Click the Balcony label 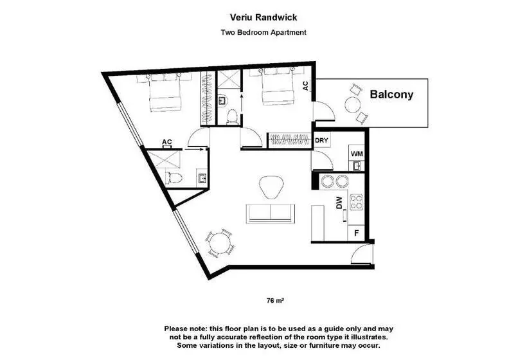(391, 94)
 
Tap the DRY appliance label (321, 140)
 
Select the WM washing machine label (357, 154)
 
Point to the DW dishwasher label (339, 203)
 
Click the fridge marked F (357, 233)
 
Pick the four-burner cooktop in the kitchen (356, 202)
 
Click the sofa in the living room (271, 213)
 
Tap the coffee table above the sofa (271, 187)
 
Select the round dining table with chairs (220, 242)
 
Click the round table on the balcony (353, 105)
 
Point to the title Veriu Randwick (263, 17)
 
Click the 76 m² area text (275, 301)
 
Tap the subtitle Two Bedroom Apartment (263, 33)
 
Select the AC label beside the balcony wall (305, 85)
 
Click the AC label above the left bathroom (167, 142)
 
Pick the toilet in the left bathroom (174, 178)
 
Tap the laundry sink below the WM (356, 166)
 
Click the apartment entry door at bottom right (362, 254)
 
